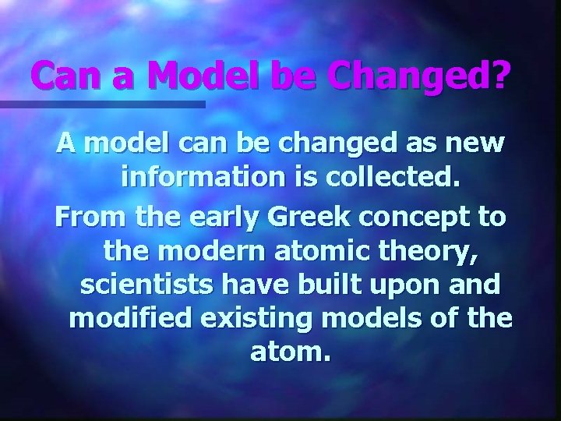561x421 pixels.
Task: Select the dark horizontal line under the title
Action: click(102, 104)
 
